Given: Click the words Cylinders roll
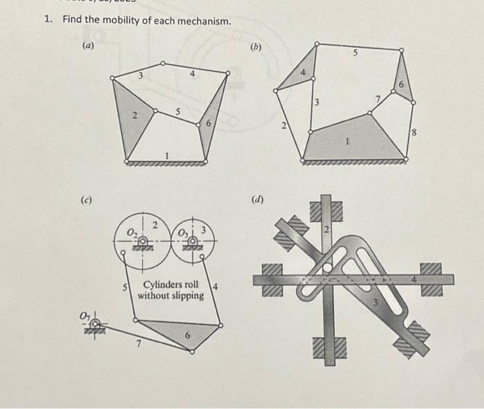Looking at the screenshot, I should pyautogui.click(x=171, y=284).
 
